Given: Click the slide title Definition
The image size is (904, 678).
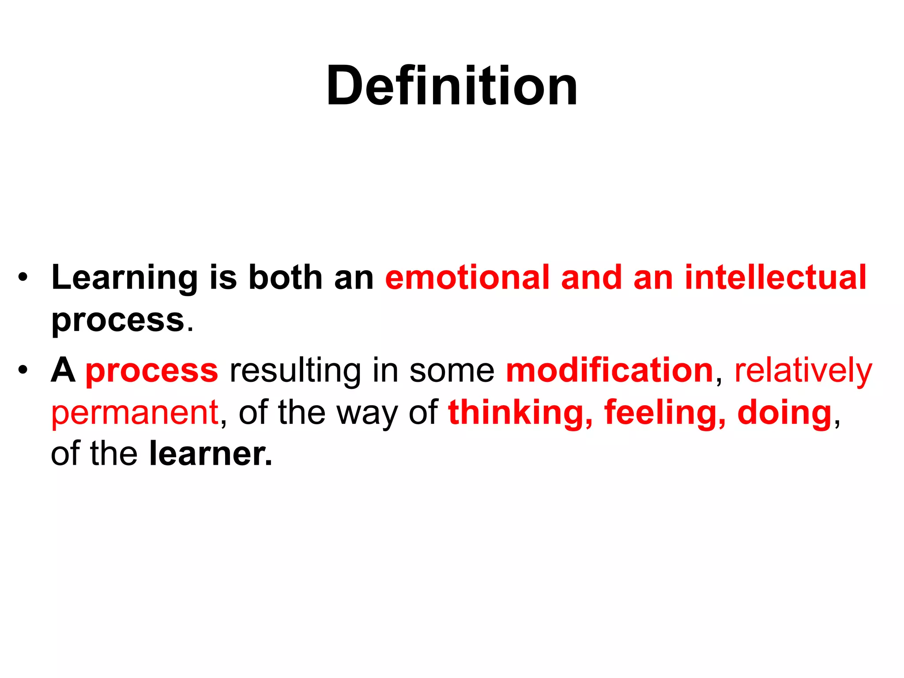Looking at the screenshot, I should coord(452,86).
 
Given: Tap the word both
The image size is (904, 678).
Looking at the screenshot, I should coord(286,278).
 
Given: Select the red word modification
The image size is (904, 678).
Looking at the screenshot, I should coord(610,371).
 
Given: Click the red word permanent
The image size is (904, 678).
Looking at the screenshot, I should coord(135,413).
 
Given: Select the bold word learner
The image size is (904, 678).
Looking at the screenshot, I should coord(210,455).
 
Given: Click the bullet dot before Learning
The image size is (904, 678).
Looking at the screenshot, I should coord(23,279).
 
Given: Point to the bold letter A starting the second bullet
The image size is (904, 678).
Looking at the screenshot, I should coord(63,371).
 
